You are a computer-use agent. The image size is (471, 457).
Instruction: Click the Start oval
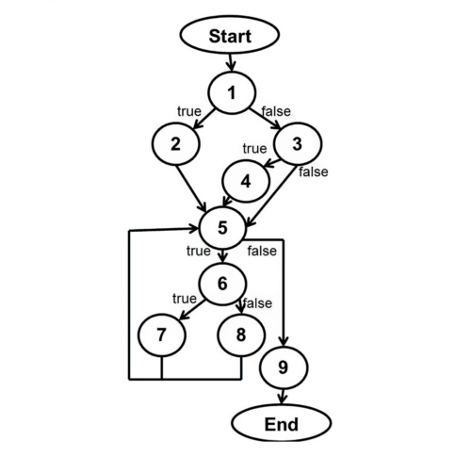(x=231, y=37)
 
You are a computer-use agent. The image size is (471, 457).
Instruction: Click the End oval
(x=281, y=423)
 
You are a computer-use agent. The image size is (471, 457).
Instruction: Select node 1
(x=232, y=92)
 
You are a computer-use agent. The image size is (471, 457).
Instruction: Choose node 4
(x=245, y=182)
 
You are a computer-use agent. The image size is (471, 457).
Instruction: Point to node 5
(x=223, y=227)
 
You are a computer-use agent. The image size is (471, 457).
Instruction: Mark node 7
(x=161, y=335)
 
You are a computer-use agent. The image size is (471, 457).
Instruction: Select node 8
(x=241, y=335)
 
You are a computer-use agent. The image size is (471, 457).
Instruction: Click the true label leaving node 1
(x=188, y=112)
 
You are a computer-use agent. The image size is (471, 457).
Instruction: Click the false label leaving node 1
(x=275, y=112)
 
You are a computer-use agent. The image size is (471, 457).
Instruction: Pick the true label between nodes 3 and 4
(x=254, y=149)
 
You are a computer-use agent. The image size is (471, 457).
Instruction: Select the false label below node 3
(x=313, y=172)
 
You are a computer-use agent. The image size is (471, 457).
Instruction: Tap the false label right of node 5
(x=262, y=251)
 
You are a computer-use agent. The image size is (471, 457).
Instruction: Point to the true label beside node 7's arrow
(x=184, y=299)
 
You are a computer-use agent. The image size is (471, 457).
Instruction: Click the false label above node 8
(x=258, y=303)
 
